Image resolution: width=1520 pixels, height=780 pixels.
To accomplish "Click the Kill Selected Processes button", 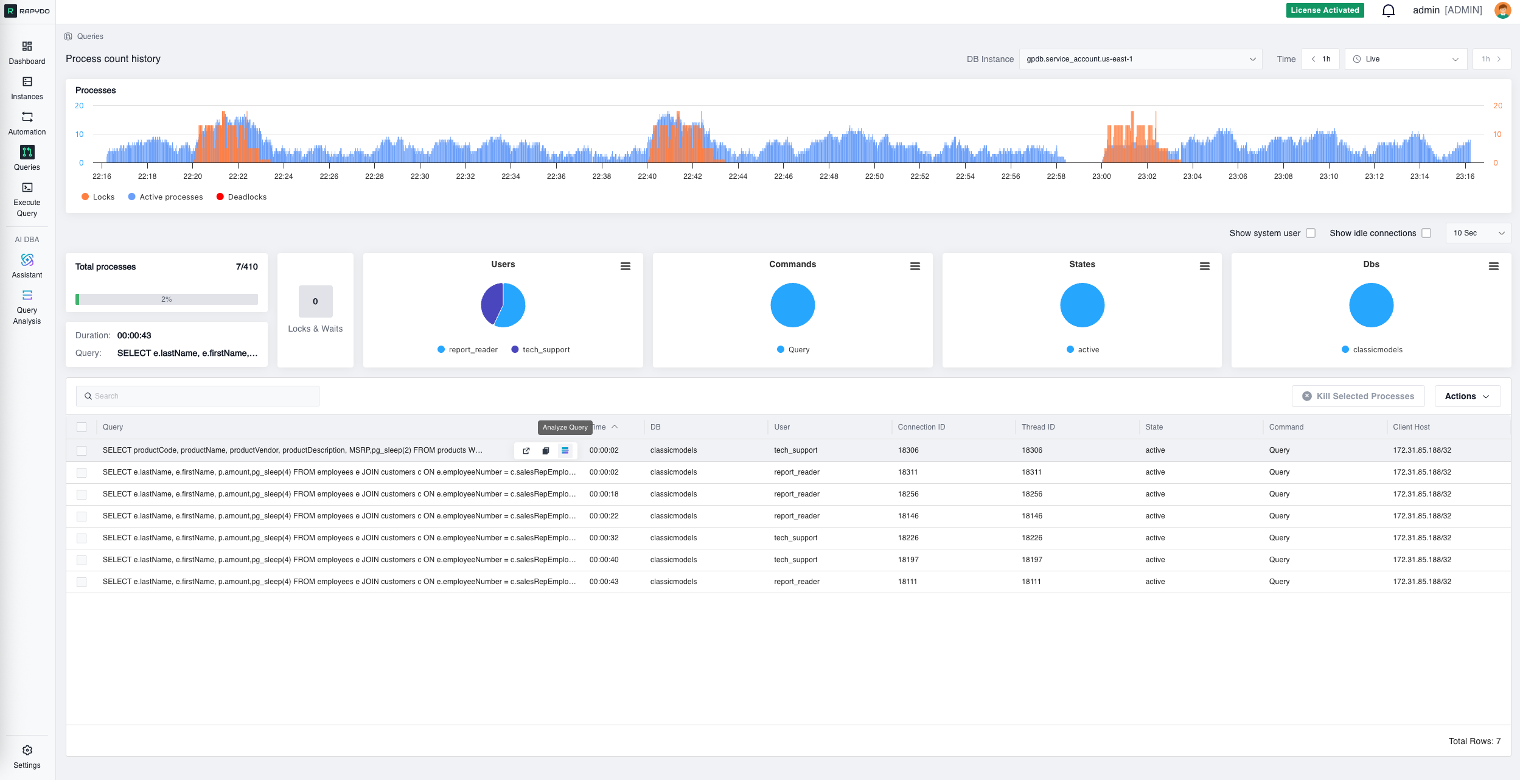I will (x=1358, y=396).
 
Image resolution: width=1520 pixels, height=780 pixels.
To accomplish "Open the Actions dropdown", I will (x=1466, y=396).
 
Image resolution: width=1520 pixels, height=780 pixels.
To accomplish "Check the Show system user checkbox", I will (x=1311, y=233).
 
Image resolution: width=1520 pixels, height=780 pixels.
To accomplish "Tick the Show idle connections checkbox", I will (x=1426, y=233).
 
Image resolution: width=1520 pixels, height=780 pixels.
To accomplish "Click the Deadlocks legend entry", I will (x=242, y=197).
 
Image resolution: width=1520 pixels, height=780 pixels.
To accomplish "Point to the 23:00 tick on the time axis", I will (x=1101, y=176).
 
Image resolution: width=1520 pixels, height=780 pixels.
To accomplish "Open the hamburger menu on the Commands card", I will (x=915, y=266).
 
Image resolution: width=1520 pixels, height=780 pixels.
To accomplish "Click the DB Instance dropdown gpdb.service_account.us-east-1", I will (x=1140, y=59).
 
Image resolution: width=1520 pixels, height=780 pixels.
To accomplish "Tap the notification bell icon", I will (x=1388, y=11).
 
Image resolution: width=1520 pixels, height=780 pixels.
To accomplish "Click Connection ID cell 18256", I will (x=908, y=494).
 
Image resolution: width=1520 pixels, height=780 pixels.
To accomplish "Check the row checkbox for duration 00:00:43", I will (x=82, y=582).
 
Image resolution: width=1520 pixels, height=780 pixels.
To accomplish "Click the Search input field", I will (x=198, y=396).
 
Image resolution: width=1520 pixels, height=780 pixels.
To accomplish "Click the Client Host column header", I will (x=1411, y=427).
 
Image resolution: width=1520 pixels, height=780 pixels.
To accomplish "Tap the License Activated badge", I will (x=1325, y=10).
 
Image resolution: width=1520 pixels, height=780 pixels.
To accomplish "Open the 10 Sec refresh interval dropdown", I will (x=1477, y=233).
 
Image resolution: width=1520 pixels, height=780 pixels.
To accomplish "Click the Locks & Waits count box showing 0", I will (x=315, y=301).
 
